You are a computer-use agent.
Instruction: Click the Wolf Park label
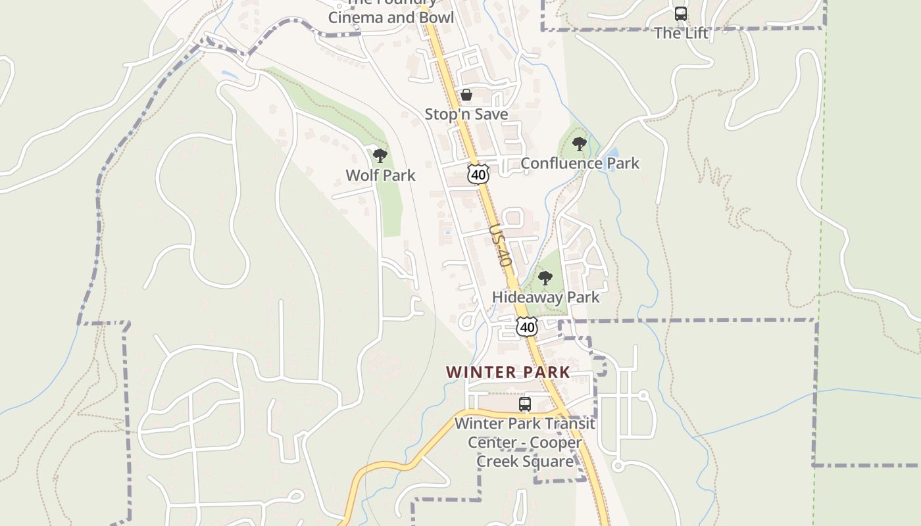[380, 176]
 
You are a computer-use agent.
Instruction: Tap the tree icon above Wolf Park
[380, 156]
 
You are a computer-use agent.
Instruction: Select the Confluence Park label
[580, 163]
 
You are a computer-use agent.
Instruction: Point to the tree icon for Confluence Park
[579, 144]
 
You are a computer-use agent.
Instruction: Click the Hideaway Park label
[546, 297]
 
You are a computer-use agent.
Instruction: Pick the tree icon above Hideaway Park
[545, 278]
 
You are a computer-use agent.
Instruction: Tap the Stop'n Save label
[466, 114]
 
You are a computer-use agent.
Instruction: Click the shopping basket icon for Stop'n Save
[466, 95]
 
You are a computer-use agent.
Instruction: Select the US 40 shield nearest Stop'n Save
[479, 174]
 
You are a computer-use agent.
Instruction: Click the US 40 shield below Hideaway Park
[527, 326]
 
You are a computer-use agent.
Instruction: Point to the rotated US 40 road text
[501, 245]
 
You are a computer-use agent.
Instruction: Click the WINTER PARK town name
[508, 372]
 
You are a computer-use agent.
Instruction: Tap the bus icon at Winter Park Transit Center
[524, 404]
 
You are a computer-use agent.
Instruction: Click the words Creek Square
[525, 462]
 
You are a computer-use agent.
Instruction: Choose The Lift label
[681, 33]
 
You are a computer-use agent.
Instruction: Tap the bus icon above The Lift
[681, 13]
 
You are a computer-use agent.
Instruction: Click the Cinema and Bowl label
[391, 18]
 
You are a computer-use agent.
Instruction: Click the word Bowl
[436, 18]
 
